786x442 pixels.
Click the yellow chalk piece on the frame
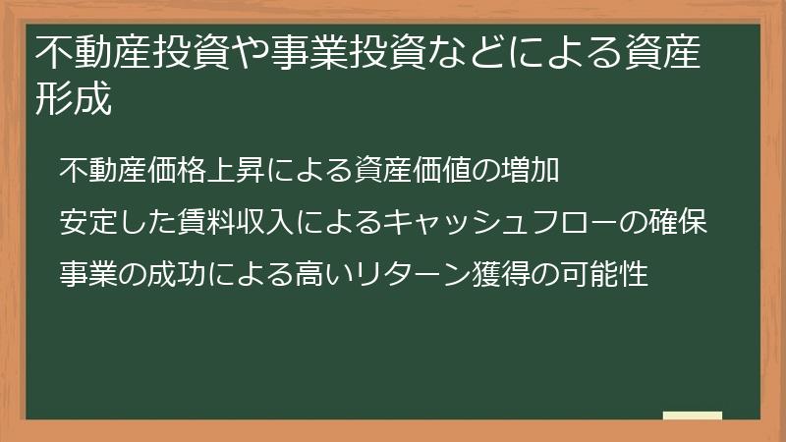692,415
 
